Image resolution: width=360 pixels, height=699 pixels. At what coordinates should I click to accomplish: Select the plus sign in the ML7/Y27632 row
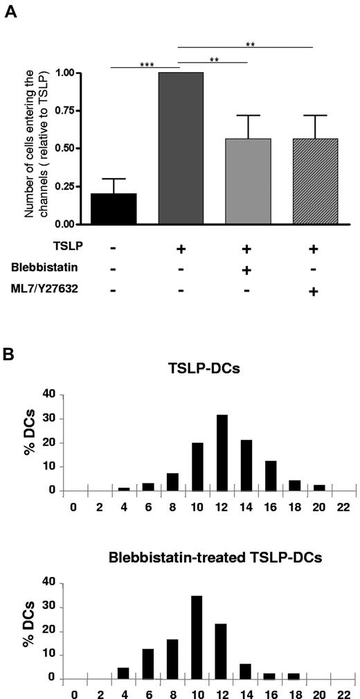coord(313,292)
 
